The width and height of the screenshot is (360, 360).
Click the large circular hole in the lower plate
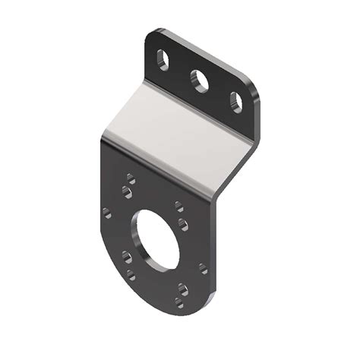tap(156, 242)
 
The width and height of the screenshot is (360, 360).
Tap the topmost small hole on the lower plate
tap(131, 178)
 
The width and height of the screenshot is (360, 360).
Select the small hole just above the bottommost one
tap(182, 288)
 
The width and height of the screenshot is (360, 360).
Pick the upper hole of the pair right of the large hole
tap(178, 205)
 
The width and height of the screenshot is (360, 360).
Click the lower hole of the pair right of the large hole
tap(182, 223)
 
